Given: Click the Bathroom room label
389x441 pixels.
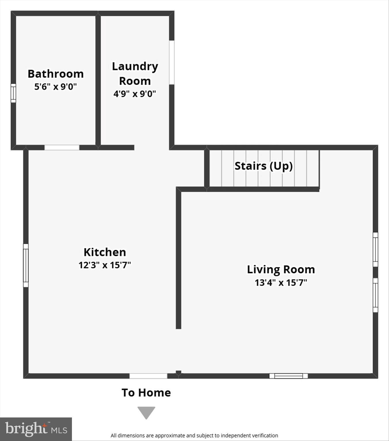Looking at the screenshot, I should coord(56,74).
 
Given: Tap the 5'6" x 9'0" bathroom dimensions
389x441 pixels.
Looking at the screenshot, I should coord(56,86).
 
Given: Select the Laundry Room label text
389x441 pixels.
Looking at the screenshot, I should coord(135,73).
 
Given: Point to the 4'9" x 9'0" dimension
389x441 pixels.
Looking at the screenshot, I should coord(135,94).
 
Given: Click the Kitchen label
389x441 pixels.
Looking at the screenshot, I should coord(105,252).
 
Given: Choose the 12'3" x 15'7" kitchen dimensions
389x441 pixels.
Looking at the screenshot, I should coord(105,265).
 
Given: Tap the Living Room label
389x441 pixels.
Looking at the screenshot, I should coord(281,269).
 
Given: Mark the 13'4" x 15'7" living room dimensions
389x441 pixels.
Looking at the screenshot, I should coord(281,283).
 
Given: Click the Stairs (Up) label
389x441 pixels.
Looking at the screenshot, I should coord(264,166).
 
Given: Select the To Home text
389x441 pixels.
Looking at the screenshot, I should coord(146,392).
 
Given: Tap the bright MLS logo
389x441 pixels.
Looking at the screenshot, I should coord(36,429).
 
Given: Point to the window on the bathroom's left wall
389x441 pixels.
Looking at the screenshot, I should coord(13,93).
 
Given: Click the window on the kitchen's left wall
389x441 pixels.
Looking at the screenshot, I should coord(26,265).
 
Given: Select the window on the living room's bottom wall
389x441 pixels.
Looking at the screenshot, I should coord(289,376).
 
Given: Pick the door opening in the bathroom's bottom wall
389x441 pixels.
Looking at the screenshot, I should coord(62,148).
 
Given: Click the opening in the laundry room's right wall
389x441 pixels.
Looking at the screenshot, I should coord(172,62).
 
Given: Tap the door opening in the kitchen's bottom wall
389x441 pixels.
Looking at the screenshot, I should coord(148,376).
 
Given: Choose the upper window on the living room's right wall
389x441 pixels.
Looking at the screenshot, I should coord(375,249).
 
